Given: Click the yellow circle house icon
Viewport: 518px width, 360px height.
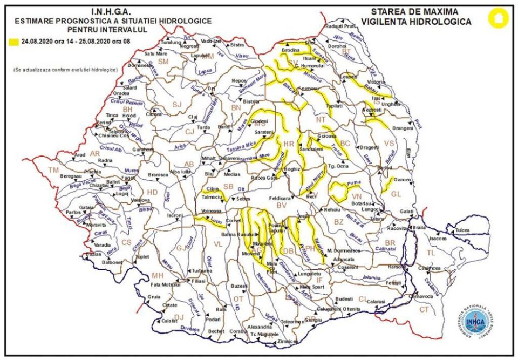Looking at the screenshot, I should [498, 18].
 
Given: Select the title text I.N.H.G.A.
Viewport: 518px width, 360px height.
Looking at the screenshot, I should [113, 11].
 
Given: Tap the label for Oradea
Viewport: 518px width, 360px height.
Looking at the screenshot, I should [121, 92].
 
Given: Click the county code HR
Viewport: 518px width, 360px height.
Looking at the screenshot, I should [288, 144].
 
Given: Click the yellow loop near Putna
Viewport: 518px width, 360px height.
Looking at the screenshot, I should [338, 190].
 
